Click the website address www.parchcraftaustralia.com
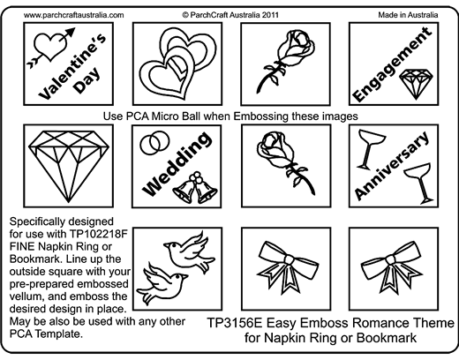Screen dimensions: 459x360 pyautogui.click(x=73, y=15)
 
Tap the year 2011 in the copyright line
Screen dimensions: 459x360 pyautogui.click(x=270, y=15)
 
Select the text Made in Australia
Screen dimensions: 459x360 pyautogui.click(x=408, y=15)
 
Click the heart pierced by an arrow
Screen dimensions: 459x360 pyautogui.click(x=49, y=47)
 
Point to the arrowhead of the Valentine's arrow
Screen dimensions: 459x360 pyautogui.click(x=70, y=33)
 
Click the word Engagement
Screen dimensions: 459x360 pyautogui.click(x=392, y=64)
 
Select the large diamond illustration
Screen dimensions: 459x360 pyautogui.click(x=69, y=166)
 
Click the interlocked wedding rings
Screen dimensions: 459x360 pyautogui.click(x=154, y=142)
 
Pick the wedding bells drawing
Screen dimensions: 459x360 pyautogui.click(x=195, y=189)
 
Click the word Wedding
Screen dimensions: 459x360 pyautogui.click(x=177, y=165)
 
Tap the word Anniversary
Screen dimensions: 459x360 pyautogui.click(x=392, y=165)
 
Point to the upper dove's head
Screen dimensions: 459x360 pyautogui.click(x=171, y=246)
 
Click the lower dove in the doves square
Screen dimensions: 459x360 pyautogui.click(x=162, y=283)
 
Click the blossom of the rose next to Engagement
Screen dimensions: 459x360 pyautogui.click(x=296, y=47)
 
